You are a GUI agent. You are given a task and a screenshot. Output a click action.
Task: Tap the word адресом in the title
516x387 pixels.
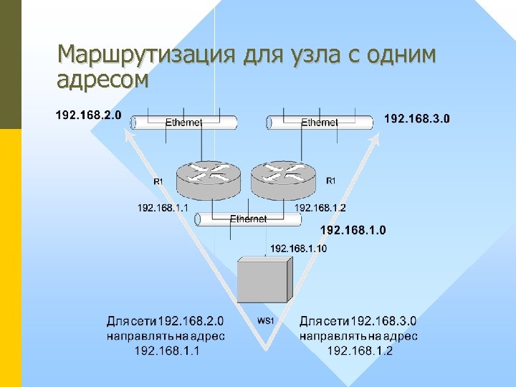[x=103, y=79]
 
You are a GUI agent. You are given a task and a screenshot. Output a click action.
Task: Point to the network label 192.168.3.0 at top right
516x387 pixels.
[x=418, y=118]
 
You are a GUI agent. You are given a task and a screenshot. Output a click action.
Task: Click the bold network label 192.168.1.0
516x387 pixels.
[x=353, y=230]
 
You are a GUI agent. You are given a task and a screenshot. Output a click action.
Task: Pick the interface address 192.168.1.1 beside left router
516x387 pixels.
[x=163, y=208]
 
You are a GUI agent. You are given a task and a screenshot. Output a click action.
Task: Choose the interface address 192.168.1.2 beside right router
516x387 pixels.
[x=320, y=208]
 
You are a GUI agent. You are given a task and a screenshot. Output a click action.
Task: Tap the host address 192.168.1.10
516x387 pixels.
[x=298, y=248]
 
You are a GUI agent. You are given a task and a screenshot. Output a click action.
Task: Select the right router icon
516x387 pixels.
[x=283, y=178]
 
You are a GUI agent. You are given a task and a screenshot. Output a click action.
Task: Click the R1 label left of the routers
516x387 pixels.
[x=158, y=182]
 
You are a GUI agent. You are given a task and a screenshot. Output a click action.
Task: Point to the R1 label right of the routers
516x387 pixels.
[x=330, y=181]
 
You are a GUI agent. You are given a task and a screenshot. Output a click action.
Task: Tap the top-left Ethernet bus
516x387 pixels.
[x=183, y=123]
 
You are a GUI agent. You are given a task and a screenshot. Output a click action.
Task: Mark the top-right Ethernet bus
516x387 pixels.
[x=320, y=123]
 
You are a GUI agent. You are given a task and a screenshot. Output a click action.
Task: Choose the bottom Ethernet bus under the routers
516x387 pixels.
[x=248, y=219]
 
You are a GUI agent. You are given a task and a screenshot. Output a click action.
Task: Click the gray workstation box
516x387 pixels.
[x=264, y=279]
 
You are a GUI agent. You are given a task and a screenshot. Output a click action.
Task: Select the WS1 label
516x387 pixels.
[x=265, y=320]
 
